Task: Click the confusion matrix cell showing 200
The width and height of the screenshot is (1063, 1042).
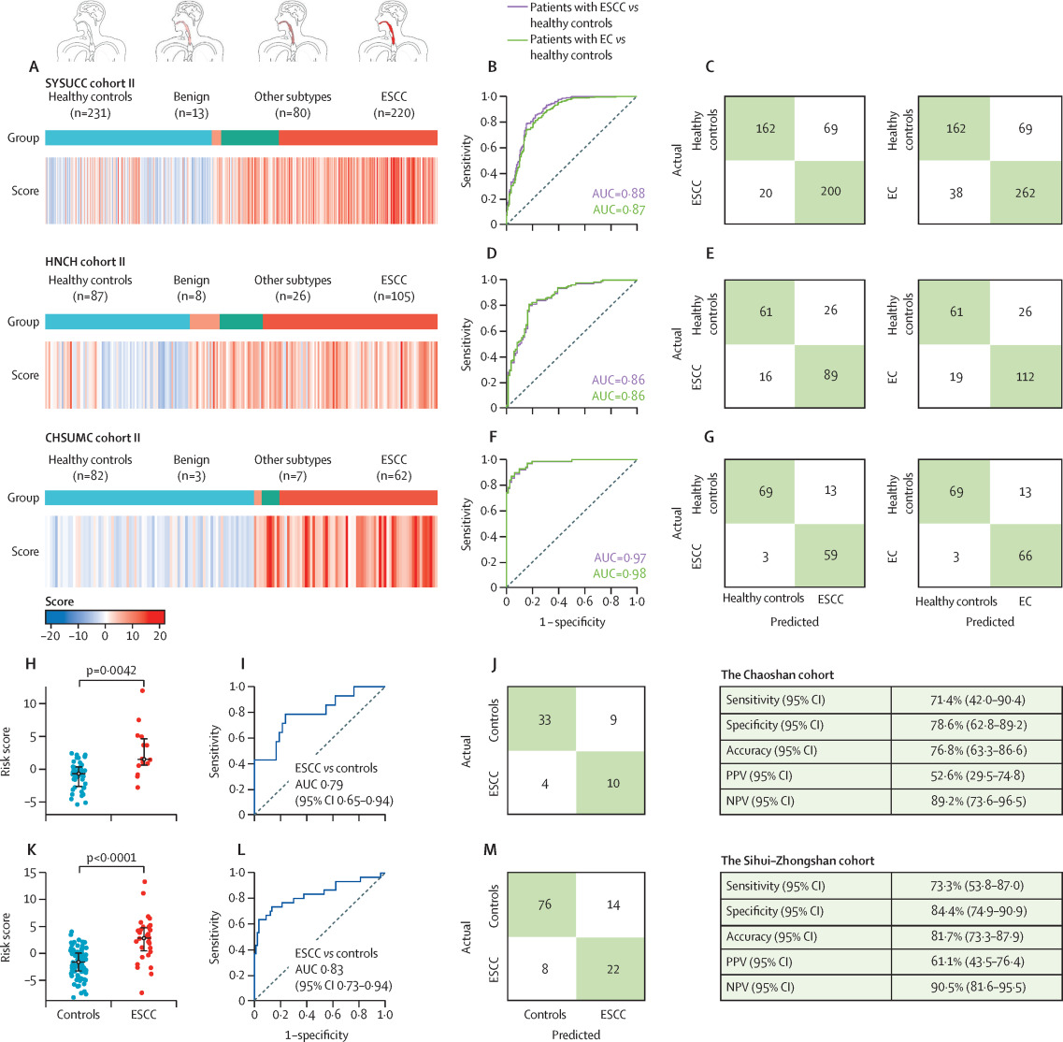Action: tap(825, 192)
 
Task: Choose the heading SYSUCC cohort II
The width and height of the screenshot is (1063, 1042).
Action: tap(96, 81)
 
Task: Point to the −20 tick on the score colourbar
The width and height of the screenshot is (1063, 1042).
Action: tap(51, 634)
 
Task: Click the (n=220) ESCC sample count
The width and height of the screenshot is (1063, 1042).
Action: tap(395, 113)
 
